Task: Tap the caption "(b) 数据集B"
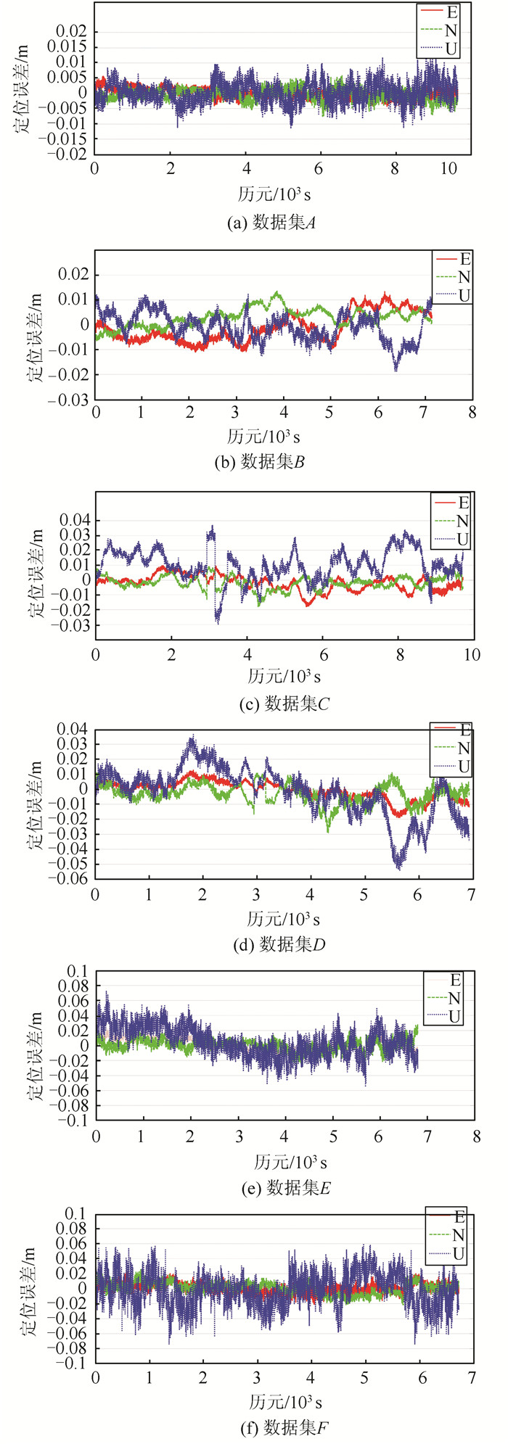pyautogui.click(x=260, y=461)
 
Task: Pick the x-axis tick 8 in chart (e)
pyautogui.click(x=476, y=1136)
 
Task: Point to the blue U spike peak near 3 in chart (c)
pyautogui.click(x=213, y=527)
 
